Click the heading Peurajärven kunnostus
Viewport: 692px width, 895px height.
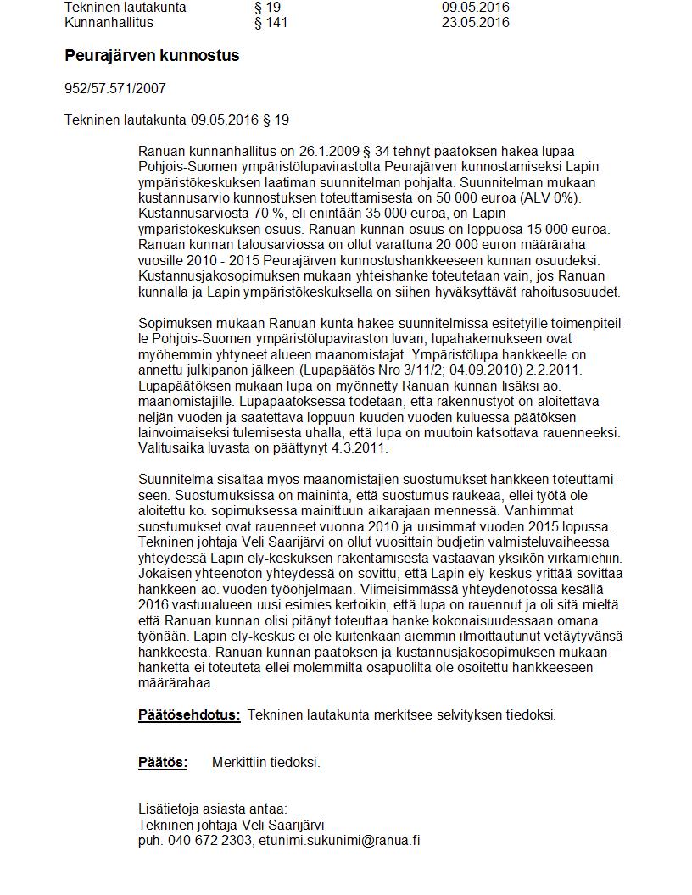click(152, 56)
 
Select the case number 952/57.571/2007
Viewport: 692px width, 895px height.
click(115, 88)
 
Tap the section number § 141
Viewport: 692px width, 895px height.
click(271, 23)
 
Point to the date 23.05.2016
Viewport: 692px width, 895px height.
click(475, 23)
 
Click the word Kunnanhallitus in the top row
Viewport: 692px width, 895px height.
click(109, 23)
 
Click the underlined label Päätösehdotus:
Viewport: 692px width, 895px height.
click(189, 715)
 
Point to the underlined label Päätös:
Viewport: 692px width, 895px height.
click(163, 763)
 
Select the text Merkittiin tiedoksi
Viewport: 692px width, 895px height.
click(266, 763)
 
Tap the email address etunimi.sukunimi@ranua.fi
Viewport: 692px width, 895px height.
click(340, 841)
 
